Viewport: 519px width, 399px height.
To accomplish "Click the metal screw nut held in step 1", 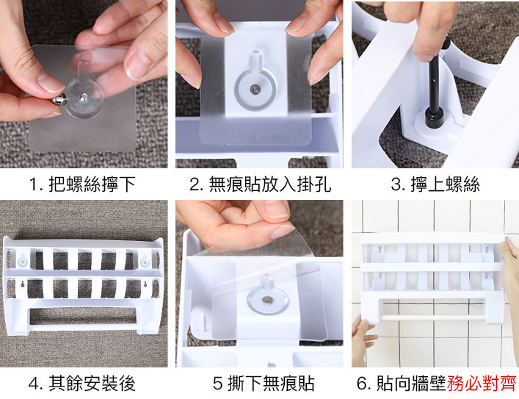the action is (59, 99).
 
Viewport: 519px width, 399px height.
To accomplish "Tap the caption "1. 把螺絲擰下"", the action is (82, 184).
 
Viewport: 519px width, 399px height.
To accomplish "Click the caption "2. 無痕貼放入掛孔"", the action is (260, 184).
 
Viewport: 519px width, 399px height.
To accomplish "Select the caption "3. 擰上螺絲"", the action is (435, 184).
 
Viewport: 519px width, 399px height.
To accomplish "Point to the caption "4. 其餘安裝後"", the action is (82, 384).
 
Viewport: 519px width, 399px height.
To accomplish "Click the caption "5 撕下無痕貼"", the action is (264, 384).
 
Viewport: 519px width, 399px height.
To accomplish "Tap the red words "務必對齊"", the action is (482, 384).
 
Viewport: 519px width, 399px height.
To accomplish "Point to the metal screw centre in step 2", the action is (255, 89).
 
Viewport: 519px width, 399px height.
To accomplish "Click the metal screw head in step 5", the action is (266, 300).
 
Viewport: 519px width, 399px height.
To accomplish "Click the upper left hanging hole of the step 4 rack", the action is (22, 260).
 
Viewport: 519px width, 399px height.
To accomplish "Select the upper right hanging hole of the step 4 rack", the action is (145, 260).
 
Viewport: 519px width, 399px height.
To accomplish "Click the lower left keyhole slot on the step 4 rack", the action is (22, 284).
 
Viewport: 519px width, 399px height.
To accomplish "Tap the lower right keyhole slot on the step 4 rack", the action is (145, 284).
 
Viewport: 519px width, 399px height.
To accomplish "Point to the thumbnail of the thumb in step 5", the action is (281, 231).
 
